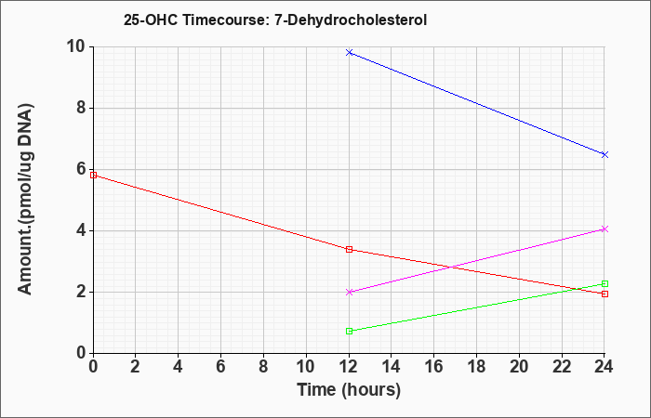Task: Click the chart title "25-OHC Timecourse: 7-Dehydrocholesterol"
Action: click(275, 20)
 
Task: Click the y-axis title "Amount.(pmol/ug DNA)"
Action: click(26, 200)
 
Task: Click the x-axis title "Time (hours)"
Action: click(349, 390)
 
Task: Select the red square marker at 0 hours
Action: click(93, 175)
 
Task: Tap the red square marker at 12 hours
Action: click(349, 249)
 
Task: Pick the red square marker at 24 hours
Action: click(604, 294)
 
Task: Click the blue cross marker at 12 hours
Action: click(349, 52)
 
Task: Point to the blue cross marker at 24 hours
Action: click(604, 155)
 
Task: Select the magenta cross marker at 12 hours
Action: click(349, 292)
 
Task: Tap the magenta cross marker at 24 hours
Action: click(604, 229)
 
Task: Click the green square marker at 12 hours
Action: click(349, 331)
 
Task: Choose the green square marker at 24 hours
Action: click(604, 283)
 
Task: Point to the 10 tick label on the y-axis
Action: click(76, 46)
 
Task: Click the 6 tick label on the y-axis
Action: click(82, 169)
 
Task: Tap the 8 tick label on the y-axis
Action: click(82, 108)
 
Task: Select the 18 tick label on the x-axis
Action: click(476, 367)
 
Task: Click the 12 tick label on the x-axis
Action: click(349, 367)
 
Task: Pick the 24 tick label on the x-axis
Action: click(604, 367)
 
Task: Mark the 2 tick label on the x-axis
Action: click(136, 367)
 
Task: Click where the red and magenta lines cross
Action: click(450, 268)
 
